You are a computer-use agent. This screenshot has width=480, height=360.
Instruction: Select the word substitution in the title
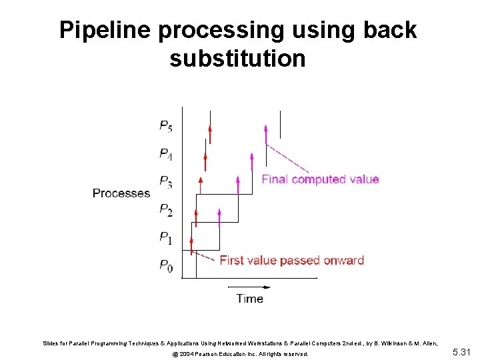click(237, 59)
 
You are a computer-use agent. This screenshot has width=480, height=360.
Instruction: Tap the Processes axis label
click(121, 193)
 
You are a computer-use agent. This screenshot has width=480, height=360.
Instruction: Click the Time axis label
click(249, 299)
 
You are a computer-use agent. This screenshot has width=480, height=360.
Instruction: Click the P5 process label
click(166, 125)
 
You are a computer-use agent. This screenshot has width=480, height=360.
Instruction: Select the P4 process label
click(166, 154)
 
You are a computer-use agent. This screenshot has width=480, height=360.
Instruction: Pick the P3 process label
click(166, 182)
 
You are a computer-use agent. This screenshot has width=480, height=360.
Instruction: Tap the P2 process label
click(166, 210)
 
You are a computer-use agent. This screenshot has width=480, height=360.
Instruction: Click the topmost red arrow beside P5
click(209, 134)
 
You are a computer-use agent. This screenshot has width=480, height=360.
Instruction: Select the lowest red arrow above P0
click(191, 245)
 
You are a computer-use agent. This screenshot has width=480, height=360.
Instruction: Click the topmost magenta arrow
click(266, 134)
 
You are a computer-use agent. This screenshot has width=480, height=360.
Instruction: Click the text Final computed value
click(320, 179)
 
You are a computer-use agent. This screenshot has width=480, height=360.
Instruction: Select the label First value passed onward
click(291, 260)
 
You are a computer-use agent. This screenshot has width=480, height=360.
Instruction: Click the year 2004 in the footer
click(184, 354)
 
